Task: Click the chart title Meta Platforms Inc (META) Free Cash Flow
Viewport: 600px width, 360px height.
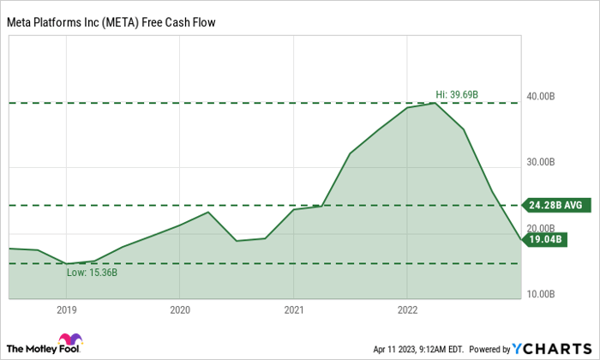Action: pyautogui.click(x=111, y=23)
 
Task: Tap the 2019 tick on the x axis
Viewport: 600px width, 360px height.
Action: pyautogui.click(x=66, y=309)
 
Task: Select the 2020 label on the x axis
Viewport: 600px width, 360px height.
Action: pyautogui.click(x=179, y=309)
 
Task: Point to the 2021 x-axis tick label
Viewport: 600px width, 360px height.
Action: pyautogui.click(x=293, y=309)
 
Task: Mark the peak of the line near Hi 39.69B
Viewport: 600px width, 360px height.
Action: pyautogui.click(x=435, y=104)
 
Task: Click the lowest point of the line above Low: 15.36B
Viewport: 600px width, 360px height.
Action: pyautogui.click(x=66, y=263)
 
